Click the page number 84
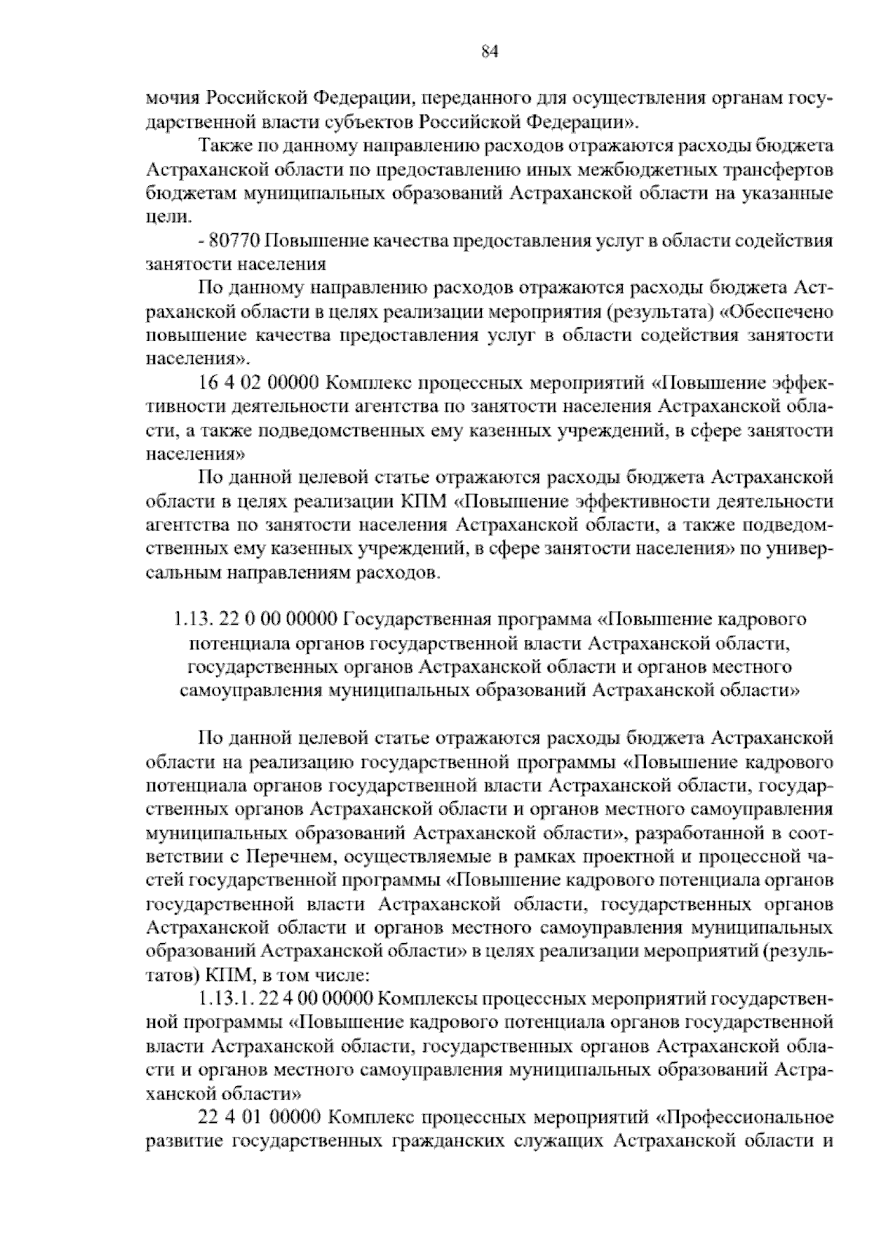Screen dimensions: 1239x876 tap(489, 51)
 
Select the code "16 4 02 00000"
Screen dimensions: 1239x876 tap(258, 383)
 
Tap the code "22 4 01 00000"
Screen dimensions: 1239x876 tap(258, 1118)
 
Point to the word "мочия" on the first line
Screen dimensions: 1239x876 tap(172, 97)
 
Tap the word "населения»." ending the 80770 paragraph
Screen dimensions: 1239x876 tap(199, 359)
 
